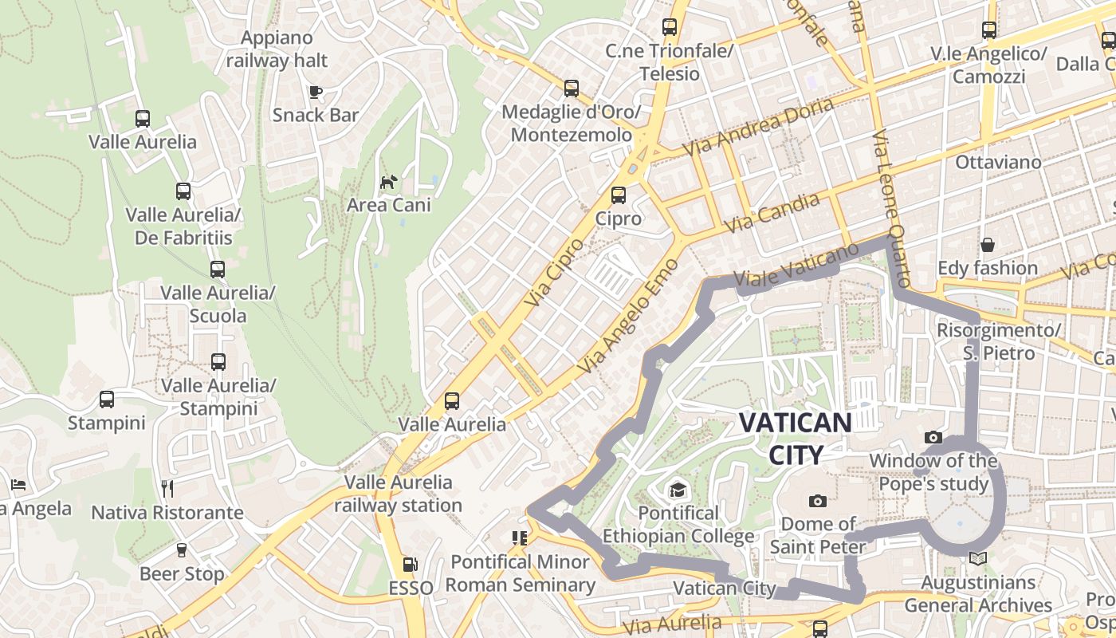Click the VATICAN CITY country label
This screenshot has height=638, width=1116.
click(x=796, y=438)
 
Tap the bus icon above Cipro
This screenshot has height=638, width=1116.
click(x=618, y=195)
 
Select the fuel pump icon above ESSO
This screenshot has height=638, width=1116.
click(x=410, y=565)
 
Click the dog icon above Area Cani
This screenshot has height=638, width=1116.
click(x=387, y=183)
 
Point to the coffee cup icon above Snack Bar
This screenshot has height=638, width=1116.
click(x=316, y=92)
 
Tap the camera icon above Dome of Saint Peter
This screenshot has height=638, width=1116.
click(x=817, y=501)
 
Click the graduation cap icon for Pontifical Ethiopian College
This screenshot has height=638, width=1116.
click(x=677, y=490)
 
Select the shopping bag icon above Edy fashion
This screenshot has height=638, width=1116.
click(x=988, y=245)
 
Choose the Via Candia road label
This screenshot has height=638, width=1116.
click(x=774, y=213)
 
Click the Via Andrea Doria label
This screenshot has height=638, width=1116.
click(x=758, y=126)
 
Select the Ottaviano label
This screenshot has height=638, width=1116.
click(x=998, y=162)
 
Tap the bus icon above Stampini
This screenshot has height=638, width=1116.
click(x=107, y=400)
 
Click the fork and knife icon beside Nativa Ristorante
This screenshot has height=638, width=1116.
click(x=167, y=489)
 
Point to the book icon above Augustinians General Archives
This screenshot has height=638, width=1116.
click(x=978, y=559)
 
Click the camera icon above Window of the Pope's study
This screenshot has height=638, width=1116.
click(x=933, y=437)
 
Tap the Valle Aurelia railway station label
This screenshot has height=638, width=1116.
click(x=398, y=494)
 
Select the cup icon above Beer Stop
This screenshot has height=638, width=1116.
click(x=182, y=550)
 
